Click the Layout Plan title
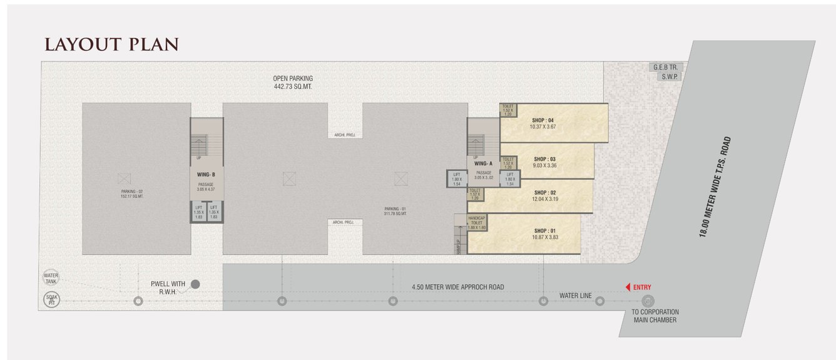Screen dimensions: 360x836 pos(111,44)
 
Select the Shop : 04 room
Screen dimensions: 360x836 pos(554,123)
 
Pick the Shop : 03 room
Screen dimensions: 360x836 pos(546,162)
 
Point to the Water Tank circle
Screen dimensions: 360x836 pos(51,278)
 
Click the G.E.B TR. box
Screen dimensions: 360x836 pos(664,66)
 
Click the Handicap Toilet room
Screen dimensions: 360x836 pos(477,222)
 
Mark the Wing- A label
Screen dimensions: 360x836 pos(484,163)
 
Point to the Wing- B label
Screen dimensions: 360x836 pos(206,175)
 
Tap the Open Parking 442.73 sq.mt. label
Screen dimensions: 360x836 pos(292,83)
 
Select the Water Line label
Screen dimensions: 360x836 pos(576,296)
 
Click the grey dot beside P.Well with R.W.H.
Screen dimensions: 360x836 pos(195,285)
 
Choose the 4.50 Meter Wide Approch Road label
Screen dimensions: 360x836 pos(458,287)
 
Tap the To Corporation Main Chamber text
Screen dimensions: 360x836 pos(655,316)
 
